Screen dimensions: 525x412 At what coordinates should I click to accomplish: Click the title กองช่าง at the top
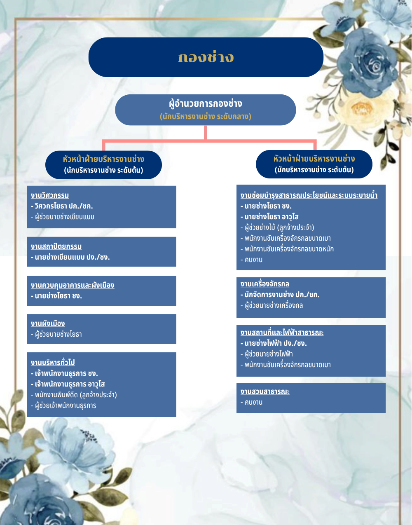206,57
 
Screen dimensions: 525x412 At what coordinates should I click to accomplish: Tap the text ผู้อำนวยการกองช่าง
206,103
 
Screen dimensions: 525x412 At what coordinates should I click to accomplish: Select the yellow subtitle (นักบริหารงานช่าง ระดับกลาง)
206,117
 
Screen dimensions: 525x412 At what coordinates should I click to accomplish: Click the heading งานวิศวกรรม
50,195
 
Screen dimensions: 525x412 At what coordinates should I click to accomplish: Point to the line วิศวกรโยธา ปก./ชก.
62,206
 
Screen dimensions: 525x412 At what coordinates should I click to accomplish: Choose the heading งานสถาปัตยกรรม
56,246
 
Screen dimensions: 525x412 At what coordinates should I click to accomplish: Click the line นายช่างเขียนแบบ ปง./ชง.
70,257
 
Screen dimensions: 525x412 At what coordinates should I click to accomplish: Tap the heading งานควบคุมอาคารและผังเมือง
73,285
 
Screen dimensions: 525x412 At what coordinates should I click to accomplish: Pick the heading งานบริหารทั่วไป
53,363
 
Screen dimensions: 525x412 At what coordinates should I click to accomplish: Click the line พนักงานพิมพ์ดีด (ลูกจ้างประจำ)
74,395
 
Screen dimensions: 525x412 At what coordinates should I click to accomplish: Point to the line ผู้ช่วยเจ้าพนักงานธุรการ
63,405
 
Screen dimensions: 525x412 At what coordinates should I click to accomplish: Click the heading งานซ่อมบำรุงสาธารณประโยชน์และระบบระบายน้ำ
309,195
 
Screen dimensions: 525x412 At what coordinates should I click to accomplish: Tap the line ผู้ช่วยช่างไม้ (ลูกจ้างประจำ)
277,227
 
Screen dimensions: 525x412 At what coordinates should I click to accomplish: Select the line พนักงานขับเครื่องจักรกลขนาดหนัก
287,249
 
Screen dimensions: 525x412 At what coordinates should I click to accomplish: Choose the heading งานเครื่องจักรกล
265,284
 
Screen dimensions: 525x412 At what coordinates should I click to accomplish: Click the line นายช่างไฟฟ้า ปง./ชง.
274,343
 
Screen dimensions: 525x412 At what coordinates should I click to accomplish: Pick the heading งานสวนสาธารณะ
265,391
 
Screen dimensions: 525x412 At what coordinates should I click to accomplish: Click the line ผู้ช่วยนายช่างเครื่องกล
272,305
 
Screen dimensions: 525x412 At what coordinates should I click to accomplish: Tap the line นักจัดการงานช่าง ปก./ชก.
280,295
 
